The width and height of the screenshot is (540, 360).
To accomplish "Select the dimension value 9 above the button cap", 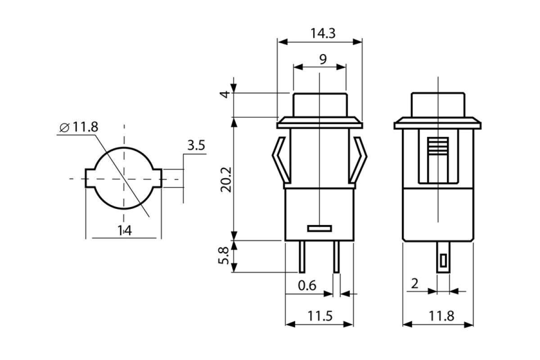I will tap(323, 59).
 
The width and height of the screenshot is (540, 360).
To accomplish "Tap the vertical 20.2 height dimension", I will tap(226, 180).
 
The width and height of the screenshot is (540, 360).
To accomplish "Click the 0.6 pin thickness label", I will tap(307, 285).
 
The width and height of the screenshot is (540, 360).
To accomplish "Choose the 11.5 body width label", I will tap(319, 316).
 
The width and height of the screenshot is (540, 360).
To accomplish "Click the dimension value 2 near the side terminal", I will tap(415, 283).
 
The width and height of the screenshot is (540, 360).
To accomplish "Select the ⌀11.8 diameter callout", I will tap(79, 127).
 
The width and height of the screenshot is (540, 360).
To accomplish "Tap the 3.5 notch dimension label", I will tap(196, 145).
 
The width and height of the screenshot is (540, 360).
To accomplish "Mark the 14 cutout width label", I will tap(124, 230).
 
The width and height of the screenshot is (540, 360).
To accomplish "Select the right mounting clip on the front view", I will tap(360, 162).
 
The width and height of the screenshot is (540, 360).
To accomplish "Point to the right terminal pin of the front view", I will tap(336, 256).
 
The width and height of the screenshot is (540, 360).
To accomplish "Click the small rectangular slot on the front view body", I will tap(319, 229).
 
